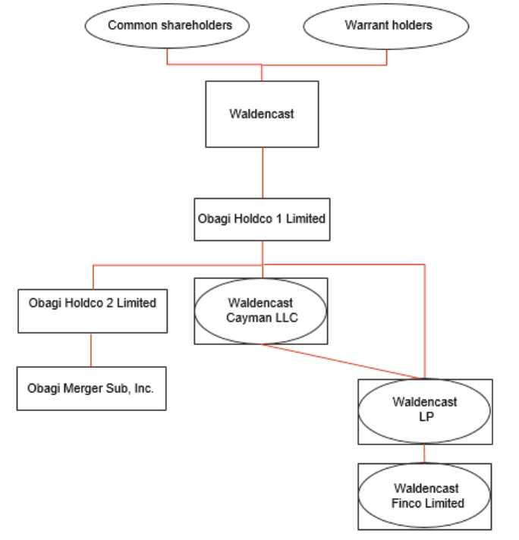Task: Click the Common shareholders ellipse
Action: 168,26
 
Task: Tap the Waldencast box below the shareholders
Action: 262,114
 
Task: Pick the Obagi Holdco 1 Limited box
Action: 262,219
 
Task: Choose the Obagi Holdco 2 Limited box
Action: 92,303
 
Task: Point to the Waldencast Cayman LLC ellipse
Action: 261,310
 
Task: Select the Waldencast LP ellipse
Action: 424,409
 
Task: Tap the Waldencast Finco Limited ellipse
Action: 424,496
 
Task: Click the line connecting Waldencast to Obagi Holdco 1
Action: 262,172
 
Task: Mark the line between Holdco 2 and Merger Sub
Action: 92,350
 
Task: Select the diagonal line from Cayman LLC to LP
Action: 341,360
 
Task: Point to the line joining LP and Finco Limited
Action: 424,454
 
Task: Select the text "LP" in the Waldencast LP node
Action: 425,416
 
